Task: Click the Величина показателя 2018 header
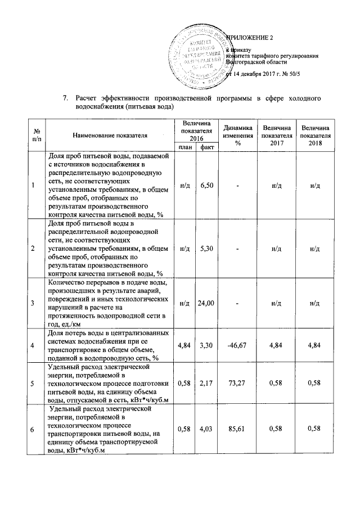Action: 316,136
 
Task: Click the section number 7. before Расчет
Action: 65,98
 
